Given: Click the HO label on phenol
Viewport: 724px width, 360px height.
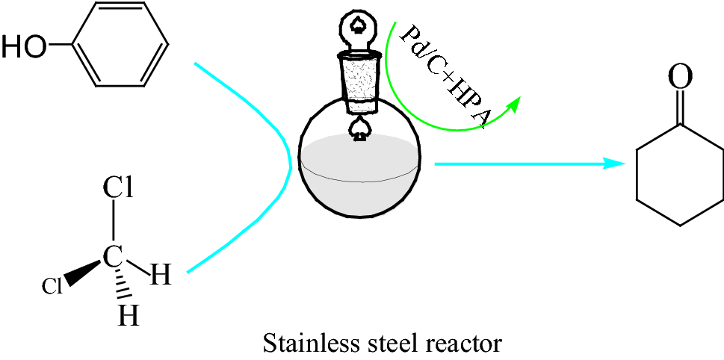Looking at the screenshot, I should (x=22, y=47).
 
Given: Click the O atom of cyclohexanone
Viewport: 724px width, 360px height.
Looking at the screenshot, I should (x=678, y=77).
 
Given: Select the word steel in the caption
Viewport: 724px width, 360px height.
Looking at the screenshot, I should (x=386, y=344).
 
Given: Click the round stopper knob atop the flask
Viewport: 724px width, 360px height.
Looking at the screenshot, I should (x=360, y=29).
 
